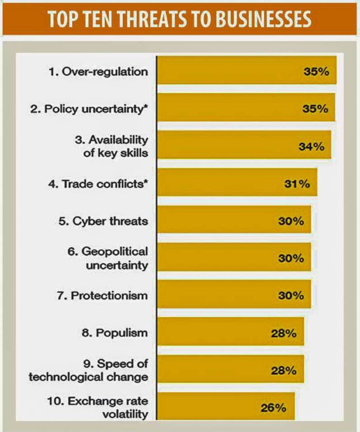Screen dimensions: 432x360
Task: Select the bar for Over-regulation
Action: [246, 70]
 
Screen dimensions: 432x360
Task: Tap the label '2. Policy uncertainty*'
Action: [96, 109]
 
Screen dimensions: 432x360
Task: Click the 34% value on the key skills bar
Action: [311, 146]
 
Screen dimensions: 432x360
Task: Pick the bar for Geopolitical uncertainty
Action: [234, 258]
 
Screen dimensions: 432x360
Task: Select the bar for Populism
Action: [230, 333]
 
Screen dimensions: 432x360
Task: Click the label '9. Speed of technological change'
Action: [88, 370]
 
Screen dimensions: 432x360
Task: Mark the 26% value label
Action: [273, 407]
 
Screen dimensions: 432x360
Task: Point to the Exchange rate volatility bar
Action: [226, 407]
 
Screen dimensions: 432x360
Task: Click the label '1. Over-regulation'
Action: [98, 71]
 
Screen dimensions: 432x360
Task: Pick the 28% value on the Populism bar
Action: [284, 333]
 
